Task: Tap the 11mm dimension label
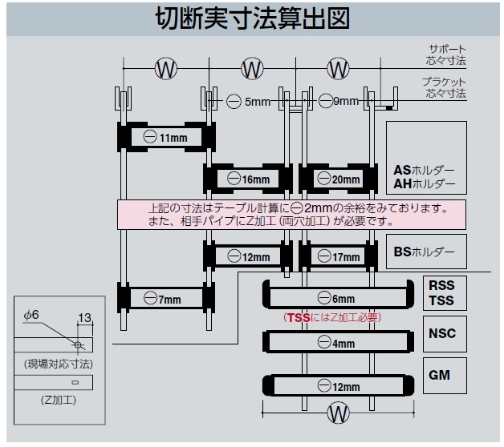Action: coord(165,138)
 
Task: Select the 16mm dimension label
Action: coord(249,179)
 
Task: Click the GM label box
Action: coord(439,374)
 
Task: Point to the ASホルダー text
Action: coord(424,170)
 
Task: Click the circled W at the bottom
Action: coord(338,413)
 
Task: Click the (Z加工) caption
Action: coord(53,399)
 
